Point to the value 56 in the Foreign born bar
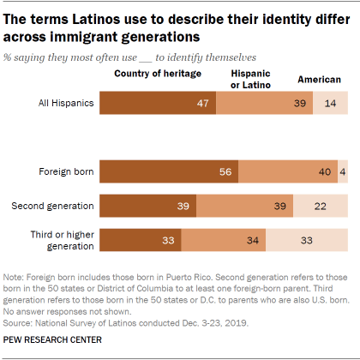(x=227, y=171)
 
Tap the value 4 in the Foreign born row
(x=343, y=171)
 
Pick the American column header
(x=319, y=80)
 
